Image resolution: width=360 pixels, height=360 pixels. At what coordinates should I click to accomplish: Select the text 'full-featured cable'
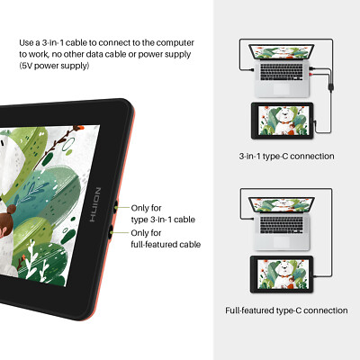pyautogui.click(x=166, y=244)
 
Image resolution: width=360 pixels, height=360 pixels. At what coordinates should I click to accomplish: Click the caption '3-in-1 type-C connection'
pyautogui.click(x=286, y=156)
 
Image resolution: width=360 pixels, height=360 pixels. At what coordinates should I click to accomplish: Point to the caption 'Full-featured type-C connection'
pyautogui.click(x=286, y=310)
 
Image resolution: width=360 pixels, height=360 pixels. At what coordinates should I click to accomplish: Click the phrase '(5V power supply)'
pyautogui.click(x=54, y=67)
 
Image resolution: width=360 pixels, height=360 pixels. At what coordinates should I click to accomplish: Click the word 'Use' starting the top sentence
pyautogui.click(x=27, y=41)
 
